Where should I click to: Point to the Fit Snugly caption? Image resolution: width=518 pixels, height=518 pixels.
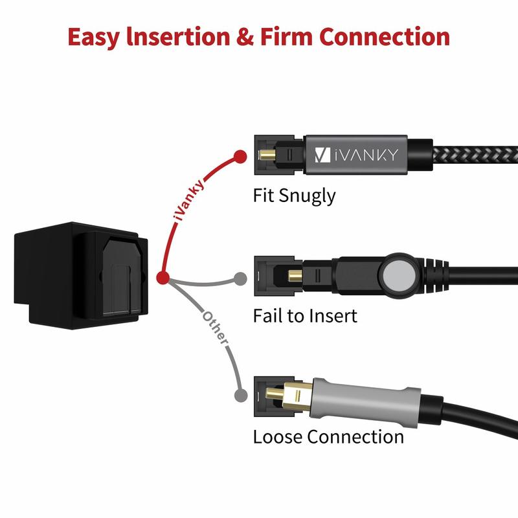click(294, 195)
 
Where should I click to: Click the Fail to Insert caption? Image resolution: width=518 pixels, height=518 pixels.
click(304, 316)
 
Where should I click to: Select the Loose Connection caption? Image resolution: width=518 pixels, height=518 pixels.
click(328, 436)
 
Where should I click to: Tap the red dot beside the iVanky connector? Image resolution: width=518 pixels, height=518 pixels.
click(240, 156)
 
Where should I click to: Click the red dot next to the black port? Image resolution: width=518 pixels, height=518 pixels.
click(163, 278)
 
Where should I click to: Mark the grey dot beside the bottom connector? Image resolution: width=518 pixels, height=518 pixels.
click(240, 394)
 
